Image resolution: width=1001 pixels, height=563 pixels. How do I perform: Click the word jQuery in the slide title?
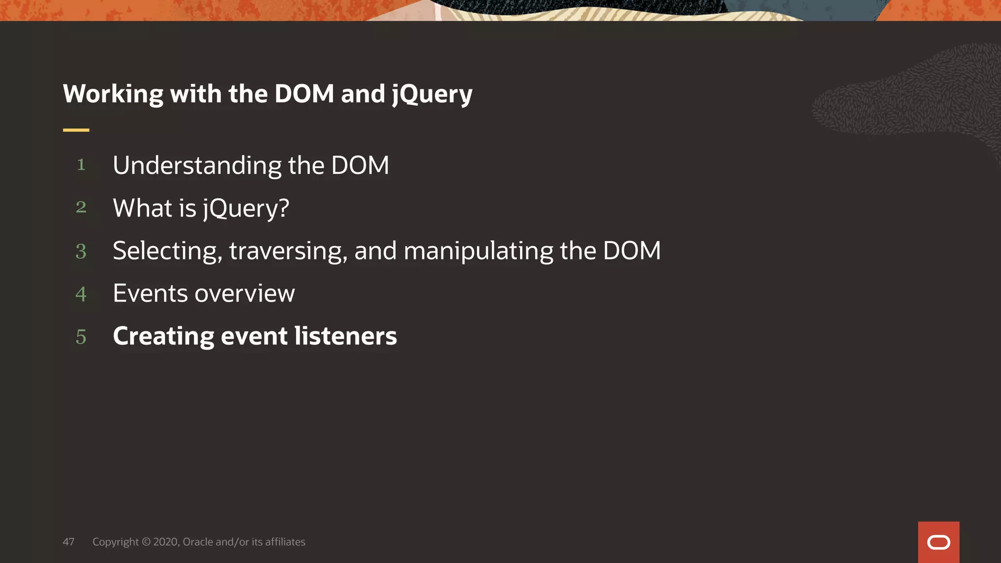point(432,94)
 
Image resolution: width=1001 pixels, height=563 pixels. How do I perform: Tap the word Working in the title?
point(113,94)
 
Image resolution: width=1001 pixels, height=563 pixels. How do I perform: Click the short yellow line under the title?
point(76,130)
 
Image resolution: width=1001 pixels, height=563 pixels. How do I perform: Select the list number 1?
point(81,165)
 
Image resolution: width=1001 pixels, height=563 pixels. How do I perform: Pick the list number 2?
point(81,207)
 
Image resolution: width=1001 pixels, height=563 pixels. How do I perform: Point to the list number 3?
point(81,251)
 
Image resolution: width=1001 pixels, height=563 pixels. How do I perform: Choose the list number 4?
point(81,294)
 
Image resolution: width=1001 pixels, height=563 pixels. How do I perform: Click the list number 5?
point(81,337)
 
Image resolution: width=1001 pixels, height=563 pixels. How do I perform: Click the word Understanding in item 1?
point(197,166)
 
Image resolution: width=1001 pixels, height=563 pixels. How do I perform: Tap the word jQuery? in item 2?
point(246,209)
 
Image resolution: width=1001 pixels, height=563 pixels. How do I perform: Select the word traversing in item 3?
point(288,251)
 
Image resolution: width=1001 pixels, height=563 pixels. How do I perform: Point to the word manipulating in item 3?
point(479,251)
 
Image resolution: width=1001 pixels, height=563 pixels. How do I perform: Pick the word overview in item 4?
point(245,294)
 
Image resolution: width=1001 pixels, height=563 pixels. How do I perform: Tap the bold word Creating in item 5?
point(163,336)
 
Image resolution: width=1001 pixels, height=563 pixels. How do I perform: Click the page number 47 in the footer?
point(68,541)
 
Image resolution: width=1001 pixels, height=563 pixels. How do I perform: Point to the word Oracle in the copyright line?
point(197,541)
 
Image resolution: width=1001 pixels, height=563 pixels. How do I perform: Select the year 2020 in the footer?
point(166,541)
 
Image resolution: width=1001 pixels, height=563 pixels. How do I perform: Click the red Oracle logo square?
point(938,542)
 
